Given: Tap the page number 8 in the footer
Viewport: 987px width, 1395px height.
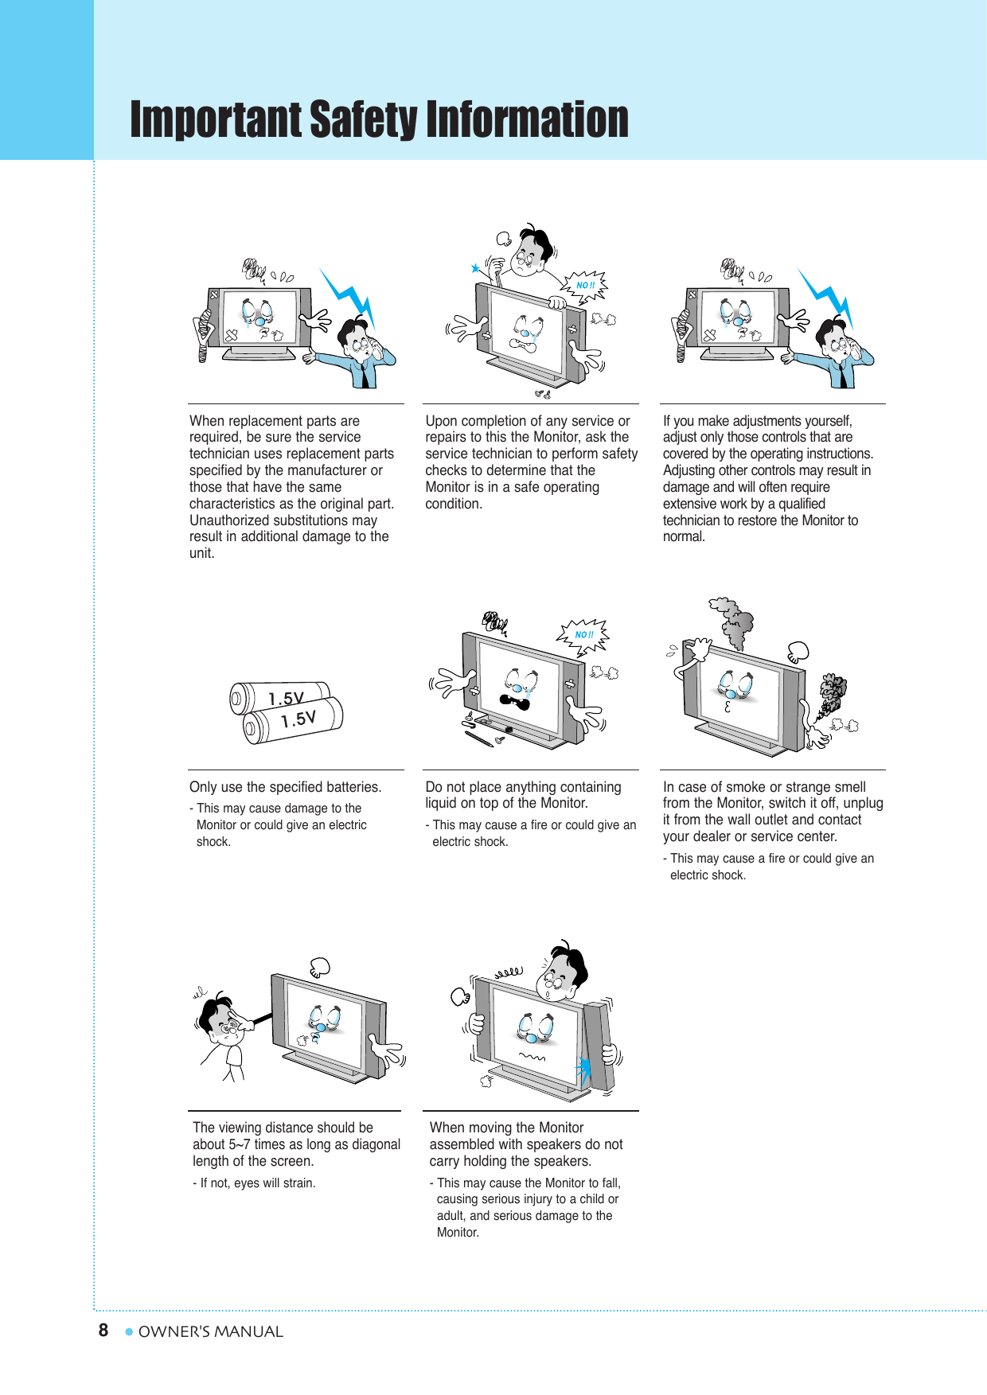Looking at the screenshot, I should pyautogui.click(x=103, y=1331).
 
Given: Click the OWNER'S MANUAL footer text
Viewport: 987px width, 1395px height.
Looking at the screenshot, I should pyautogui.click(x=210, y=1331).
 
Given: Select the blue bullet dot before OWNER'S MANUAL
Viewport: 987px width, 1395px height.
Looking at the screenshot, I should pyautogui.click(x=129, y=1331).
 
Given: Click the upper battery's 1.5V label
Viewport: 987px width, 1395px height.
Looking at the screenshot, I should pyautogui.click(x=286, y=698).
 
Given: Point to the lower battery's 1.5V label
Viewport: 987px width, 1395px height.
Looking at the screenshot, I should pyautogui.click(x=298, y=719).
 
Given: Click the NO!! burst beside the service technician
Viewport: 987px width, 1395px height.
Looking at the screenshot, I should pyautogui.click(x=586, y=285).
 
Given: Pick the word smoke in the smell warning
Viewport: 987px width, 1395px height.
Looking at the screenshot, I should pyautogui.click(x=746, y=787).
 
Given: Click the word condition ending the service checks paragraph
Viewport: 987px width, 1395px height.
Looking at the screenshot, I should pyautogui.click(x=453, y=504).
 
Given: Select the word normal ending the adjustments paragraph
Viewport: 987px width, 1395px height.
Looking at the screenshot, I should pyautogui.click(x=683, y=537).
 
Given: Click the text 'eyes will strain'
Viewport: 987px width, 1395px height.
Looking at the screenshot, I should pyautogui.click(x=275, y=1183).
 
